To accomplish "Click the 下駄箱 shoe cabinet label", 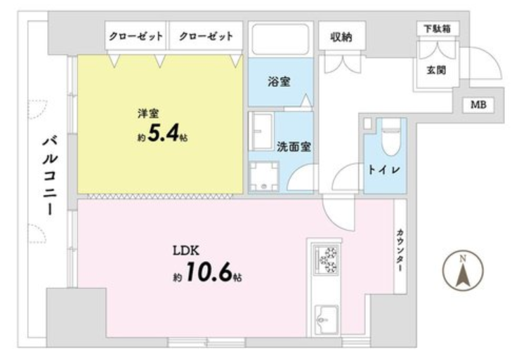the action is (x=438, y=29).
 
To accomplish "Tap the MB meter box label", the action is (x=478, y=105).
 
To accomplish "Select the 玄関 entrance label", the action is (x=436, y=70).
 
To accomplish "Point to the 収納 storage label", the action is (x=341, y=37).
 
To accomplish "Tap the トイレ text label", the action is (x=384, y=170).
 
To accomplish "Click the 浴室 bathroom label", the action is (x=279, y=81).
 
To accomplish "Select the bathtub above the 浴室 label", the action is (x=280, y=39).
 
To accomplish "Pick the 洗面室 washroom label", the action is (x=294, y=147).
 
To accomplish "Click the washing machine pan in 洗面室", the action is (x=264, y=176).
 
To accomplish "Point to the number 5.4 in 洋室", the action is (x=163, y=133).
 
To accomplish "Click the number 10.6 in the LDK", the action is (x=209, y=272).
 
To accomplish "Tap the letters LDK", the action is (x=186, y=251).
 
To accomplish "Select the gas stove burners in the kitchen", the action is (x=327, y=260).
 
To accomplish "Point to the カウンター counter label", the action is (x=400, y=251).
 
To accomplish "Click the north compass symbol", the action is (x=463, y=270).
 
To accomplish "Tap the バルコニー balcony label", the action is (x=50, y=175).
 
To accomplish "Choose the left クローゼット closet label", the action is (x=136, y=36).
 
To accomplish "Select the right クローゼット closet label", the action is (x=206, y=36).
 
